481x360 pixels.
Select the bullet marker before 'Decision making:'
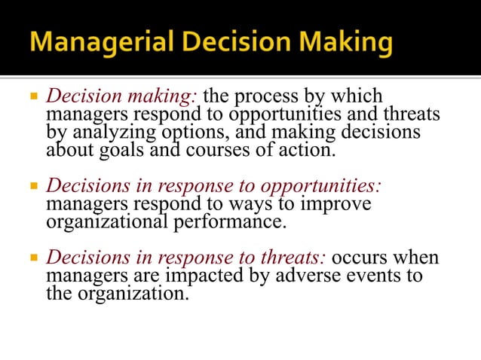click(32, 97)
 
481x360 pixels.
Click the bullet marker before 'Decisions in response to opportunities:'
click(32, 186)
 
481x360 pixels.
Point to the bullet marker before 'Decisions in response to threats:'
click(32, 258)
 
